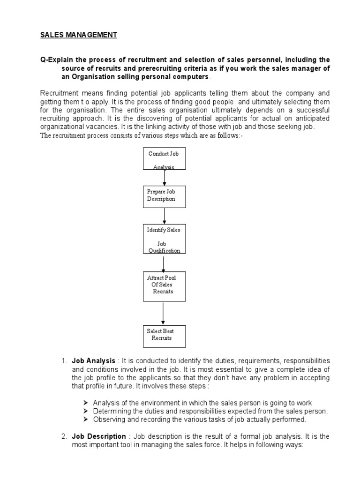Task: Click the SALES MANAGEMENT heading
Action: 78,35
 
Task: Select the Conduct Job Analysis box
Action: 164,158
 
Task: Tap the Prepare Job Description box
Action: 164,196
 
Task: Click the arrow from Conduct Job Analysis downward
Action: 164,177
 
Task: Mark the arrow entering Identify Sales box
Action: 164,216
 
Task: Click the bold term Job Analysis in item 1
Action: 93,361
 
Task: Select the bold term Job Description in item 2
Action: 99,436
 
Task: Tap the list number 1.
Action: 64,361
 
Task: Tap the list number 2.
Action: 64,436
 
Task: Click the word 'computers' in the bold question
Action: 191,76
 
